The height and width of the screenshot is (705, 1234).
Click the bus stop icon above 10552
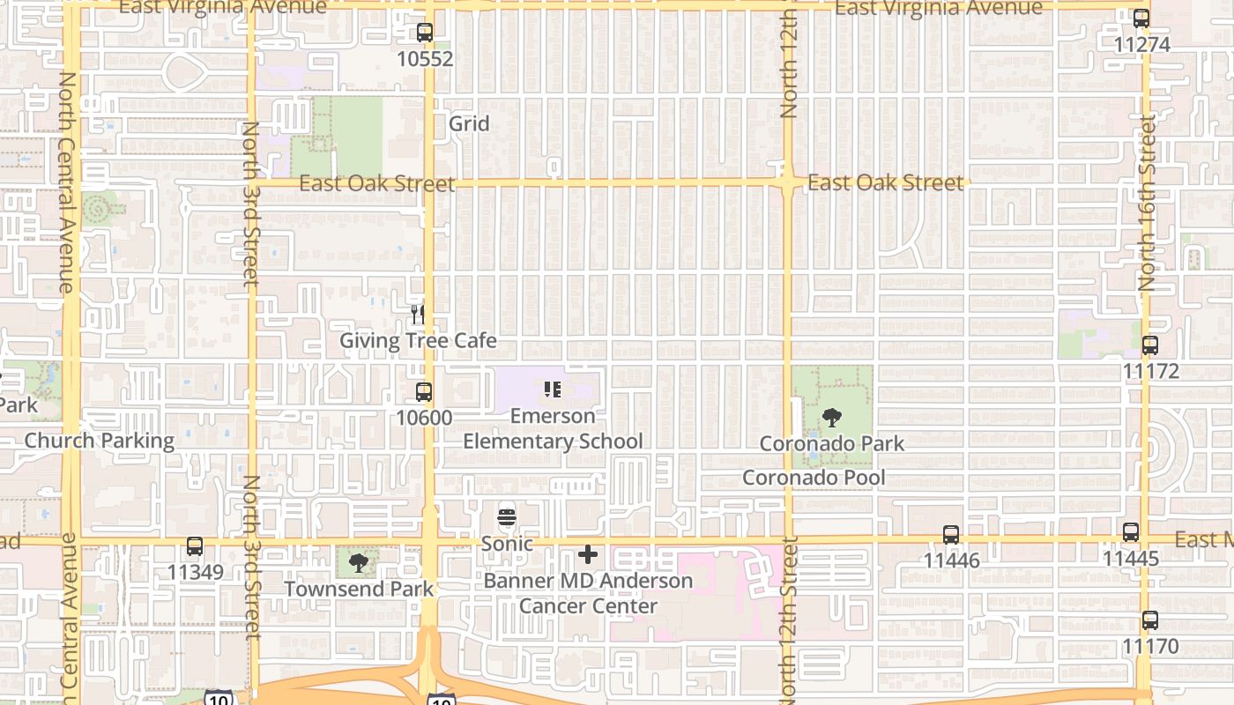425,33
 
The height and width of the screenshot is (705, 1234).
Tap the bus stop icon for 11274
1141,19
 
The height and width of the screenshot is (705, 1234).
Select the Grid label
469,123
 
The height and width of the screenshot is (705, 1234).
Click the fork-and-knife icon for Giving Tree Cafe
418,314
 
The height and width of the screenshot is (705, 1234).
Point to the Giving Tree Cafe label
419,341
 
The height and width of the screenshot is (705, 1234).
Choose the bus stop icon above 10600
424,392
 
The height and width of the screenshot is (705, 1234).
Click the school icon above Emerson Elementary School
553,390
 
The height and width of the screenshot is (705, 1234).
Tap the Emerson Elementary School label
553,428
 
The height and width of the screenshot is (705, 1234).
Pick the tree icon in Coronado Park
831,418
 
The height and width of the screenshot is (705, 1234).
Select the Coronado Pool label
814,478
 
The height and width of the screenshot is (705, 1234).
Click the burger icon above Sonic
507,518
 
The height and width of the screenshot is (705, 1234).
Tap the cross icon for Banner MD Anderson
588,554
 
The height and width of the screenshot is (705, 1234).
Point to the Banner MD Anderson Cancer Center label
588,593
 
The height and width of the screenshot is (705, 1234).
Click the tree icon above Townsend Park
358,562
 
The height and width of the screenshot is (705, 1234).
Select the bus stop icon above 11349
195,547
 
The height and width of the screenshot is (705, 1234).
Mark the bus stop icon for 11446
951,535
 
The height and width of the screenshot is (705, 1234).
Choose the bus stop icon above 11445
1131,532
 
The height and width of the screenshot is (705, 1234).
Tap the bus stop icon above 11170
1150,620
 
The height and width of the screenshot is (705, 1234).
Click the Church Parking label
100,441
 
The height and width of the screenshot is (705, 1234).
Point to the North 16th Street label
1146,203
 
